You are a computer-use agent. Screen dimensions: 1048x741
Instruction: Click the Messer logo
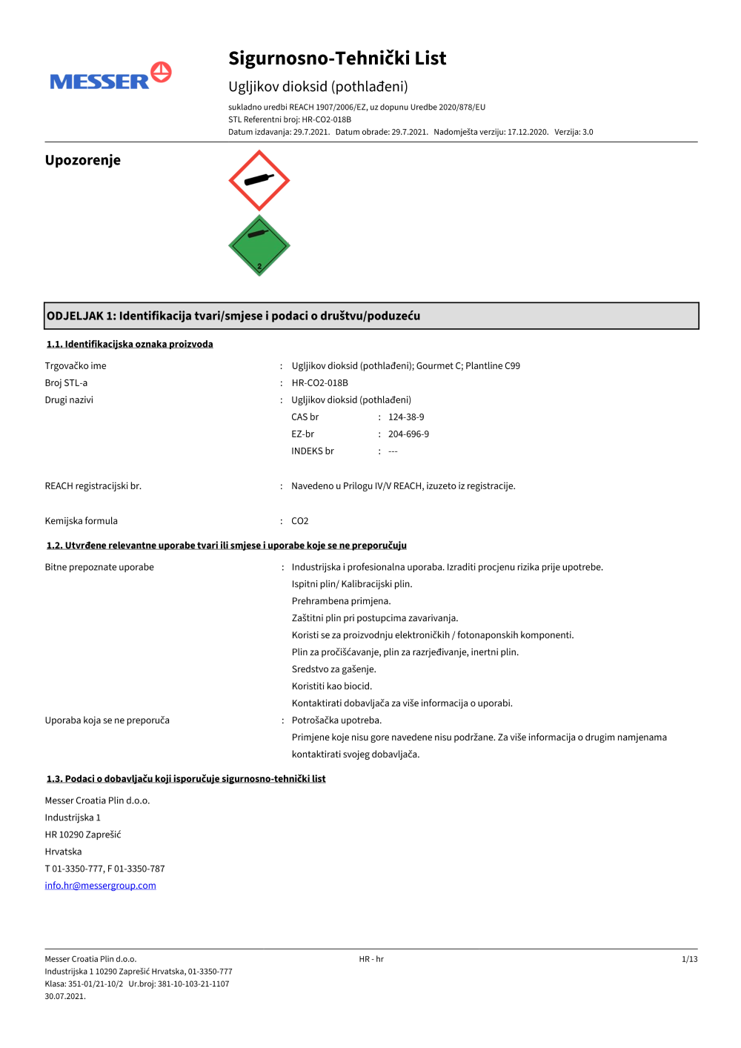[110, 77]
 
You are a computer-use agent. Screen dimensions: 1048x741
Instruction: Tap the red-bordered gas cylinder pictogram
[259, 180]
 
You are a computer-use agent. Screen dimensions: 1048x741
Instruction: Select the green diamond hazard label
[259, 246]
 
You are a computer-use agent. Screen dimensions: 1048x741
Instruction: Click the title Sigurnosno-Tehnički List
[337, 59]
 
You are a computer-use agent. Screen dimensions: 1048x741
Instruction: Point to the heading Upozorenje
[82, 160]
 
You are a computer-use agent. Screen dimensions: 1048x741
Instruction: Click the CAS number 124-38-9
[406, 417]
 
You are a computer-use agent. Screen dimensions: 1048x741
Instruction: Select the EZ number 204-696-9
[408, 434]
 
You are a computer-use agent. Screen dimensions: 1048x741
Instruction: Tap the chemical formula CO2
[299, 521]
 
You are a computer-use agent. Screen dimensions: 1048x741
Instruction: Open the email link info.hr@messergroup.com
[100, 886]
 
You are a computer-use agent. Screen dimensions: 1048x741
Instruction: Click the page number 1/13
[689, 959]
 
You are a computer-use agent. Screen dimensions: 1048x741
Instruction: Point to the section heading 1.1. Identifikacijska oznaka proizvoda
[130, 344]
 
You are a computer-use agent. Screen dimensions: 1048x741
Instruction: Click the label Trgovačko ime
[76, 366]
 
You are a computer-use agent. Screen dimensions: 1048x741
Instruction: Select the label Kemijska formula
[81, 521]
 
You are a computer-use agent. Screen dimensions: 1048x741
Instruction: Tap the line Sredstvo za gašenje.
[333, 669]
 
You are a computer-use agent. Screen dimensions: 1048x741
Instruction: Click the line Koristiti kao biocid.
[332, 686]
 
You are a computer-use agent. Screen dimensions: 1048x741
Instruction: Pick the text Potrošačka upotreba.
[336, 720]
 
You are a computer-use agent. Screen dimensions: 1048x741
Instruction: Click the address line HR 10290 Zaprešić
[83, 835]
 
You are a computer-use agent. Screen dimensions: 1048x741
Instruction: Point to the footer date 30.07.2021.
[65, 996]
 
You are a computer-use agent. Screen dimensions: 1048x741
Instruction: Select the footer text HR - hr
[371, 959]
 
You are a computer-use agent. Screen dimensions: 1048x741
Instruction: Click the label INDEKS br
[313, 451]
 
